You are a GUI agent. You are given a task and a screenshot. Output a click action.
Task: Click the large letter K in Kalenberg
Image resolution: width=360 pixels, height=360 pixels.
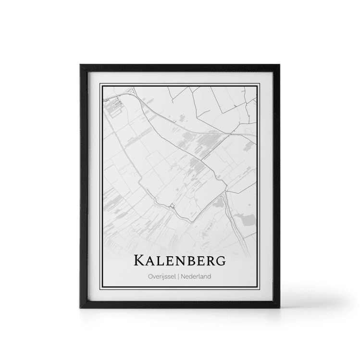[139, 261]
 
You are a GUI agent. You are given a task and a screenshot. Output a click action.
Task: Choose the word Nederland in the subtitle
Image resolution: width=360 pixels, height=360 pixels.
[197, 276]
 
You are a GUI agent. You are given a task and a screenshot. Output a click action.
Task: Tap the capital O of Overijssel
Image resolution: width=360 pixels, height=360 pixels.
[151, 276]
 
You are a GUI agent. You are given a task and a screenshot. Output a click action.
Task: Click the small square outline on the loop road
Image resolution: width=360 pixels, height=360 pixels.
[172, 207]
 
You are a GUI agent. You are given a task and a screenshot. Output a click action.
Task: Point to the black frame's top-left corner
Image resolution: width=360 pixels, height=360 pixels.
[78, 62]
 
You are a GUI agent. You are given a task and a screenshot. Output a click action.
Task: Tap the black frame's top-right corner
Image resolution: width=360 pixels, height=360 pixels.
[282, 62]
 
